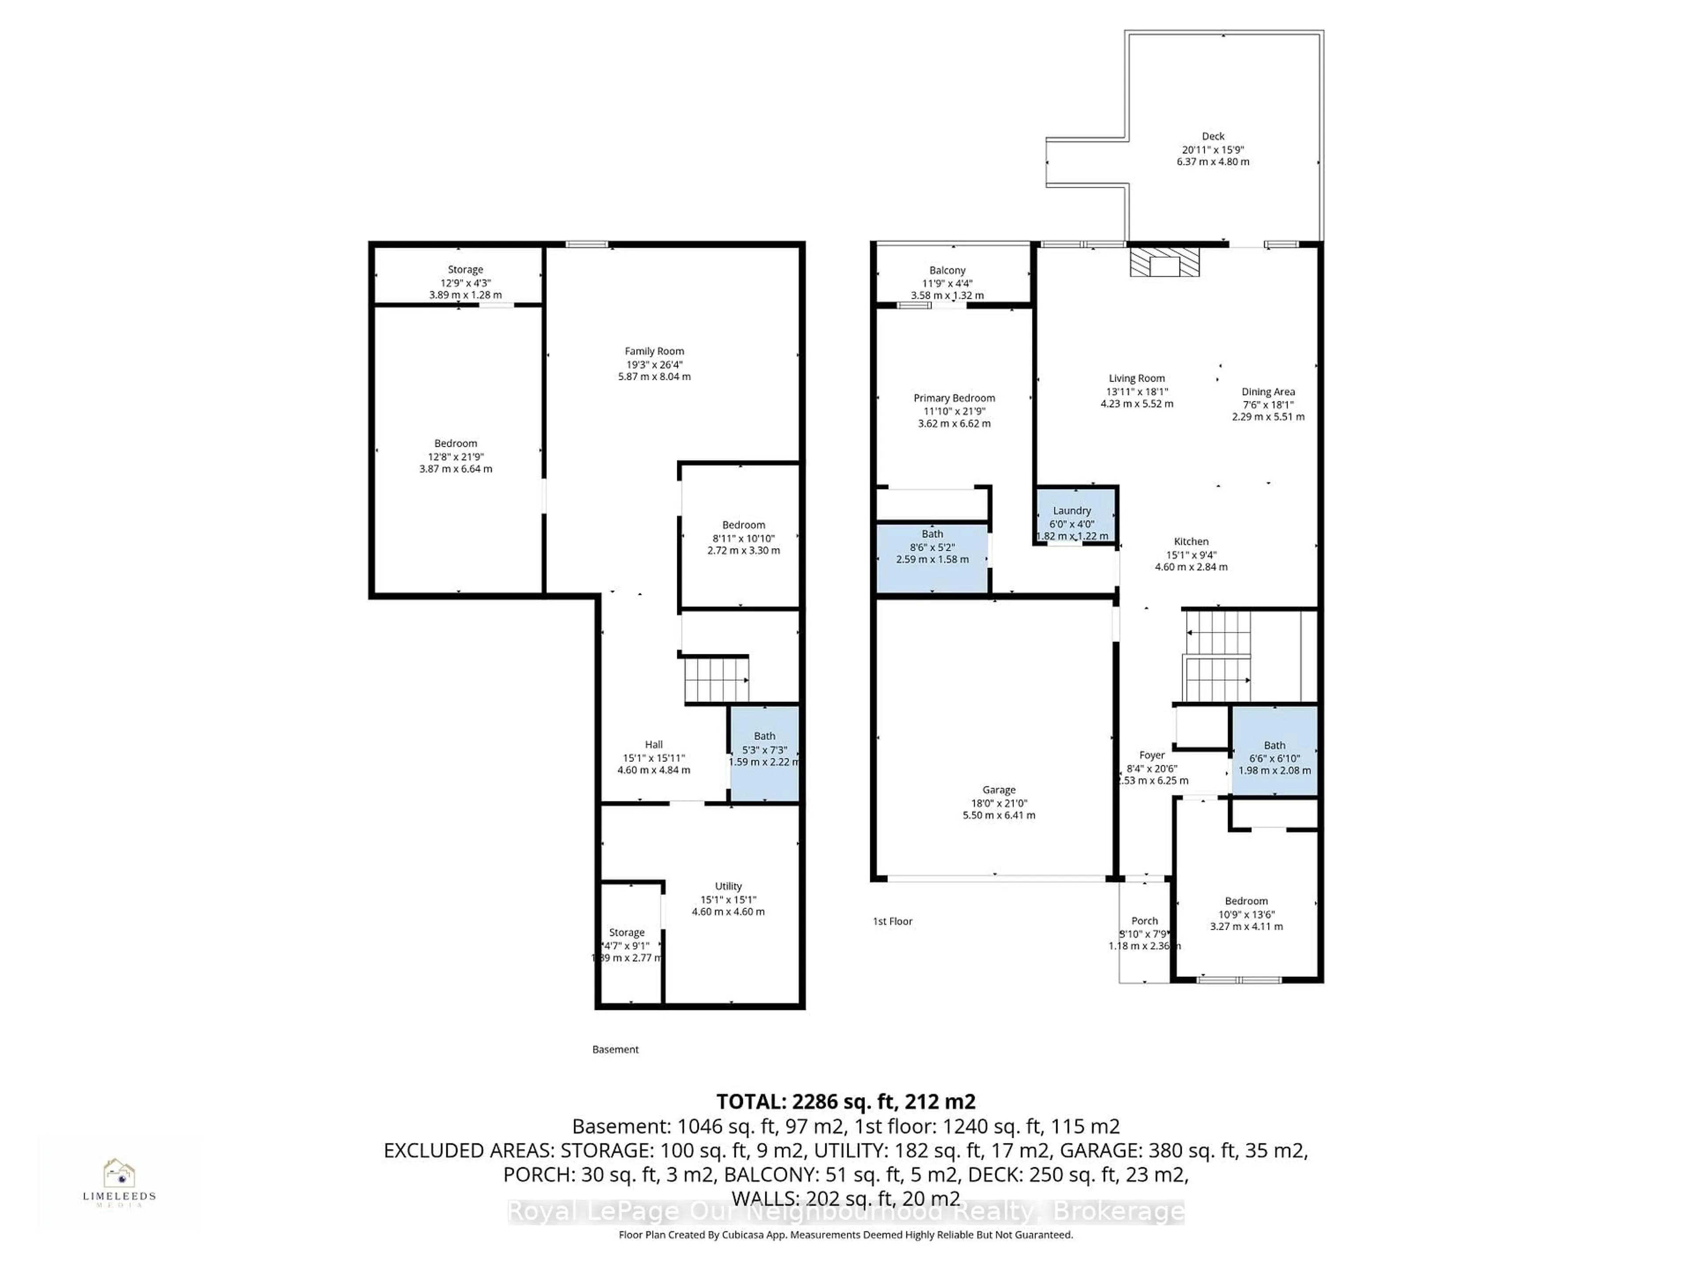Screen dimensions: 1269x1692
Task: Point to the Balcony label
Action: (x=947, y=270)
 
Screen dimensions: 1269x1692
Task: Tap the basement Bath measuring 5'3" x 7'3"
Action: (x=764, y=753)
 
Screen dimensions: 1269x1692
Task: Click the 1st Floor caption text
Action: (x=892, y=921)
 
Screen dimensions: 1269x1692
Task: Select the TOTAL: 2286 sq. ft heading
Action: (x=845, y=1102)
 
